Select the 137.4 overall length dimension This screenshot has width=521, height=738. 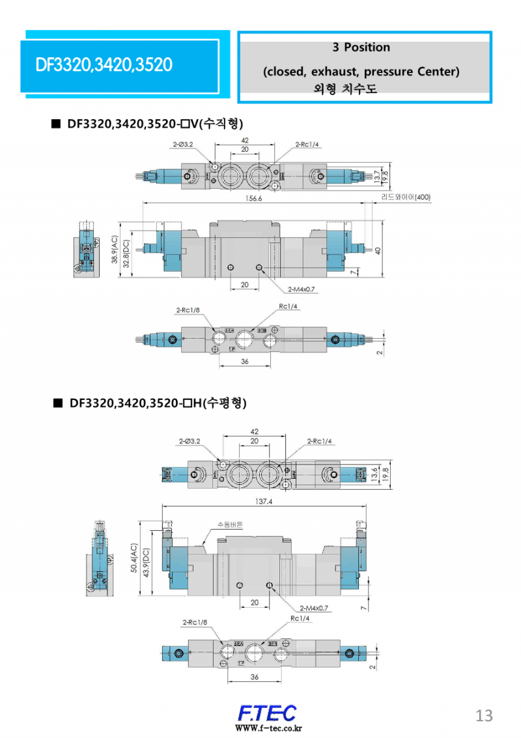tap(264, 502)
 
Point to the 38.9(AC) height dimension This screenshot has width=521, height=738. tap(115, 250)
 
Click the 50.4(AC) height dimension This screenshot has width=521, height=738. tap(134, 559)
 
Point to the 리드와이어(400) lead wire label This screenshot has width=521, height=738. tap(406, 197)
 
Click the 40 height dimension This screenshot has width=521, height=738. tap(378, 250)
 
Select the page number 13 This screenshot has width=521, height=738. tap(485, 715)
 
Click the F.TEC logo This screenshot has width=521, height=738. tap(267, 713)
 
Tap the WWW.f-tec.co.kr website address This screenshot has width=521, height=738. tap(268, 728)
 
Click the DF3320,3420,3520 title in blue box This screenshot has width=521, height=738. tap(104, 64)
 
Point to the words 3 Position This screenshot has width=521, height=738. tap(361, 48)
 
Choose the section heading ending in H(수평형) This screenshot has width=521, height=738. tap(158, 403)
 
